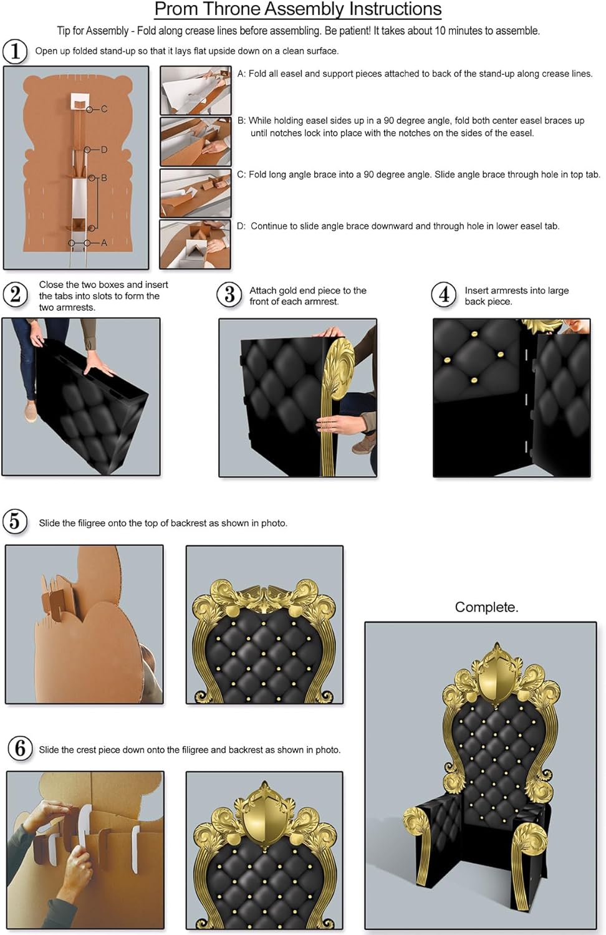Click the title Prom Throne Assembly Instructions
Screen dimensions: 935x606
click(298, 9)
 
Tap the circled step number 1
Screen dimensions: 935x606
click(15, 51)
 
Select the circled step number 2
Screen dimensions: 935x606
click(15, 294)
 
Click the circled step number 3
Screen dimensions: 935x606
click(229, 294)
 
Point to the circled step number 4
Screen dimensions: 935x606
click(444, 294)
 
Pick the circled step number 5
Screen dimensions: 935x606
click(15, 521)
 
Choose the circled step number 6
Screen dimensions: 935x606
click(20, 748)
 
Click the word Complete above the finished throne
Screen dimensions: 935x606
click(486, 607)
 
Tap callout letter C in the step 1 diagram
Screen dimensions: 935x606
click(104, 109)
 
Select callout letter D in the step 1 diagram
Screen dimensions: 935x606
click(104, 150)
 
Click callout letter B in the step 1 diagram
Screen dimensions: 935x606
click(103, 178)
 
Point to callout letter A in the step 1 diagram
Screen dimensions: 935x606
click(103, 242)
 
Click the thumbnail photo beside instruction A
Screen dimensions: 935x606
click(195, 90)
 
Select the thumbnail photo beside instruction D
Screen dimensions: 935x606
click(195, 244)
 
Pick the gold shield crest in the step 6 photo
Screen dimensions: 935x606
click(264, 817)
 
